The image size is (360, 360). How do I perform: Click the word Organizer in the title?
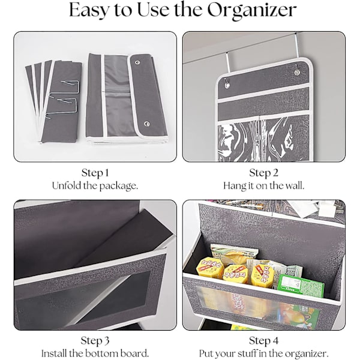click(x=252, y=10)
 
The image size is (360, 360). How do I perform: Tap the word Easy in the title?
click(x=89, y=10)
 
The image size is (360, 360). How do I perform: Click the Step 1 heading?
click(x=95, y=173)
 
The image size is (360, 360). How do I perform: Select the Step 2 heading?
click(x=263, y=173)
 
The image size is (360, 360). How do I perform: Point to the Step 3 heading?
click(x=95, y=341)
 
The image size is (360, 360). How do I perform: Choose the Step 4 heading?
click(x=263, y=341)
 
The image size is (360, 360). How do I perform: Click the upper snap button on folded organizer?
click(x=137, y=62)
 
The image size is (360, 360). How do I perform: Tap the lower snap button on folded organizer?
click(x=147, y=124)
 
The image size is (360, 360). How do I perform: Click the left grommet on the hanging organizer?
click(x=227, y=85)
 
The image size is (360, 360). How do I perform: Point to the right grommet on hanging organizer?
click(x=297, y=73)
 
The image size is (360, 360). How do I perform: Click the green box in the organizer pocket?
click(x=301, y=284)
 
